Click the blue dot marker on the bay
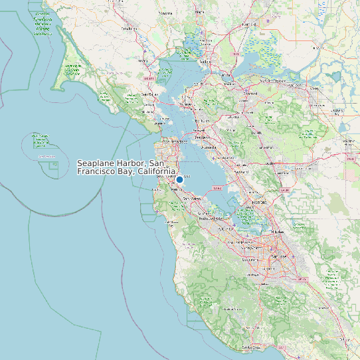[x=179, y=179]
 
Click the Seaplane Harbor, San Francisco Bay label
[x=126, y=167]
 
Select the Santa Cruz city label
[x=250, y=347]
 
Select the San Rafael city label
[x=149, y=94]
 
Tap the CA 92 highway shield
[x=217, y=188]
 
